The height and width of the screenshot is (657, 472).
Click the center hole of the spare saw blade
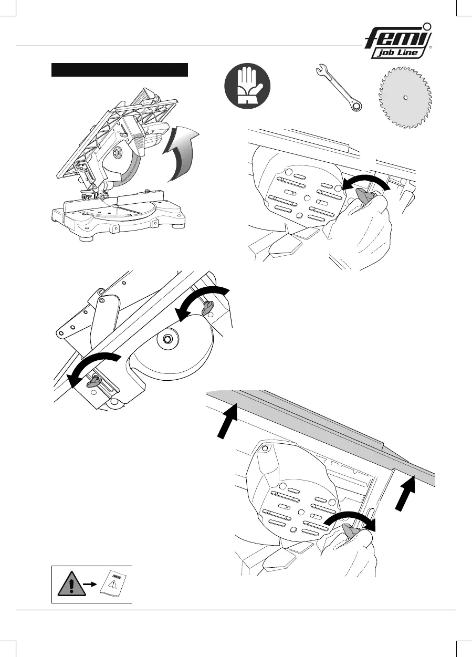405,97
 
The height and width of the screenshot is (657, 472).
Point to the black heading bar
119,70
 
